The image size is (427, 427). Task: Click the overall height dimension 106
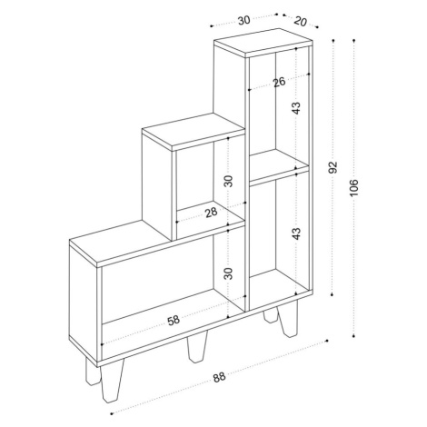pos(354,188)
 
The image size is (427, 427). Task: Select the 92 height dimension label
pos(333,167)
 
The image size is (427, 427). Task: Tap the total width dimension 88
pos(219,378)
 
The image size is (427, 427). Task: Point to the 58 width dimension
pos(174,321)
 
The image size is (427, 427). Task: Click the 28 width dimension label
pos(211,213)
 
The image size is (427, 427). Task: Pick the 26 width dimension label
pos(279,82)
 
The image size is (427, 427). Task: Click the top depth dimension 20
pos(300,22)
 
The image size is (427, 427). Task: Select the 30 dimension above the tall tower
pos(243,20)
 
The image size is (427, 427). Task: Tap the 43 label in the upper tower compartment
pos(296,108)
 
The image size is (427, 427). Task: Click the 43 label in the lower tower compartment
pos(296,233)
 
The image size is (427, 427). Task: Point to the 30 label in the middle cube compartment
pos(229,181)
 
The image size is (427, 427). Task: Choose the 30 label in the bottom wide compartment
pos(229,273)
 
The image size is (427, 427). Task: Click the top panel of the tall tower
pos(263,42)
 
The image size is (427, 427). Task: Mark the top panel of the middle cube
pos(194,132)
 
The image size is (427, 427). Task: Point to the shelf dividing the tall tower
pos(279,167)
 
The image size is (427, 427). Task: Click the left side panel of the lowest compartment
pos(84,303)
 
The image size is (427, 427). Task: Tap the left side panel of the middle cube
pos(157,184)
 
